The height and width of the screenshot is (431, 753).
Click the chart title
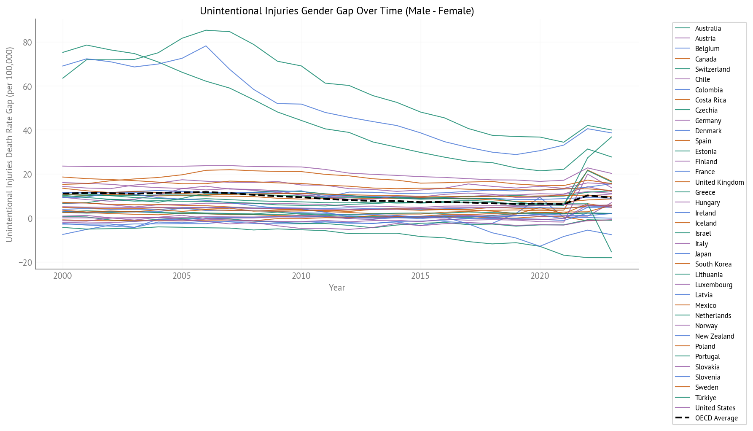337,11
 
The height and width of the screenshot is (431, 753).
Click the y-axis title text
9,145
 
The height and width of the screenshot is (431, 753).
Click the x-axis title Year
337,288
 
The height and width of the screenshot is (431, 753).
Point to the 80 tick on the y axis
27,43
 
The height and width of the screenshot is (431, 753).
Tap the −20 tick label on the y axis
25,263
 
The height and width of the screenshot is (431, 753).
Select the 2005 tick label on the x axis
182,276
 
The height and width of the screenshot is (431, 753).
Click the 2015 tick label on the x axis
420,276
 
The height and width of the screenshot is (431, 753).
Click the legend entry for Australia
708,28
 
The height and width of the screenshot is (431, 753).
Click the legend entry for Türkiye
705,398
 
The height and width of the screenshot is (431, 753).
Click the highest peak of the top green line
206,30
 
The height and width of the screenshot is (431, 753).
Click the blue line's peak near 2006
206,46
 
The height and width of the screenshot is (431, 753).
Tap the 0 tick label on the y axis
30,218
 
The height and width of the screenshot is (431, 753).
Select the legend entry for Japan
703,254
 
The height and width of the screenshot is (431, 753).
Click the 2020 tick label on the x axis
540,276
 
